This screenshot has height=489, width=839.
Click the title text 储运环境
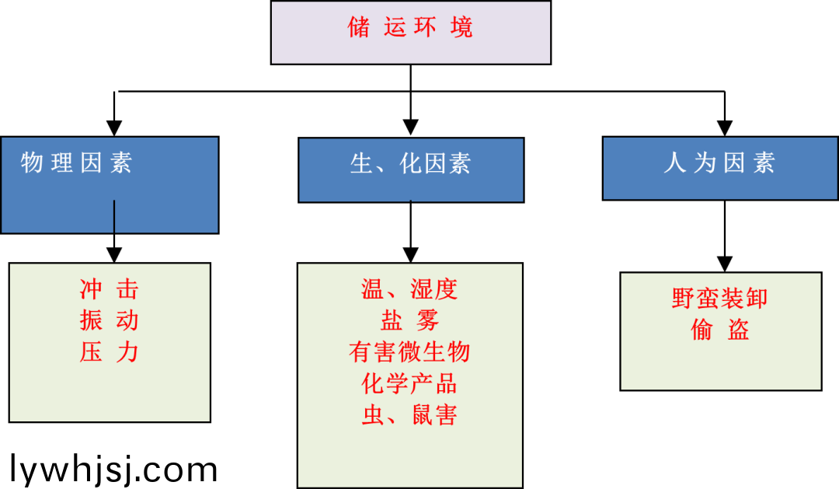410,28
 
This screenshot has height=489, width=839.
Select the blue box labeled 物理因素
110,185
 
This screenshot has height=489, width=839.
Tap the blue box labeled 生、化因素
411,169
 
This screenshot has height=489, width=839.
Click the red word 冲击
109,289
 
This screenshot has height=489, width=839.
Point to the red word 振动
109,320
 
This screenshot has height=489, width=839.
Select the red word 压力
109,352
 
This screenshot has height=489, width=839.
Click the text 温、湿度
409,289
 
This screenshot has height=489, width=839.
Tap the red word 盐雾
409,320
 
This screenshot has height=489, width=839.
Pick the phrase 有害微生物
409,352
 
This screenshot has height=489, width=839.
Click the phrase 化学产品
409,383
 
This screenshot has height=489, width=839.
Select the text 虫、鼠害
409,414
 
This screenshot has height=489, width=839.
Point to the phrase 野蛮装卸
719,299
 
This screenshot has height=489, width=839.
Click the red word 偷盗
719,330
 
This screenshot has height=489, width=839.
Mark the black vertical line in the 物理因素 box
114,216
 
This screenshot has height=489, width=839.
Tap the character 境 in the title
461,28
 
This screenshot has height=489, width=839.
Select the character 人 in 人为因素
674,162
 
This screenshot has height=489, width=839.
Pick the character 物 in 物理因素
32,162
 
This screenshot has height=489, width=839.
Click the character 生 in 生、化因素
362,163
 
